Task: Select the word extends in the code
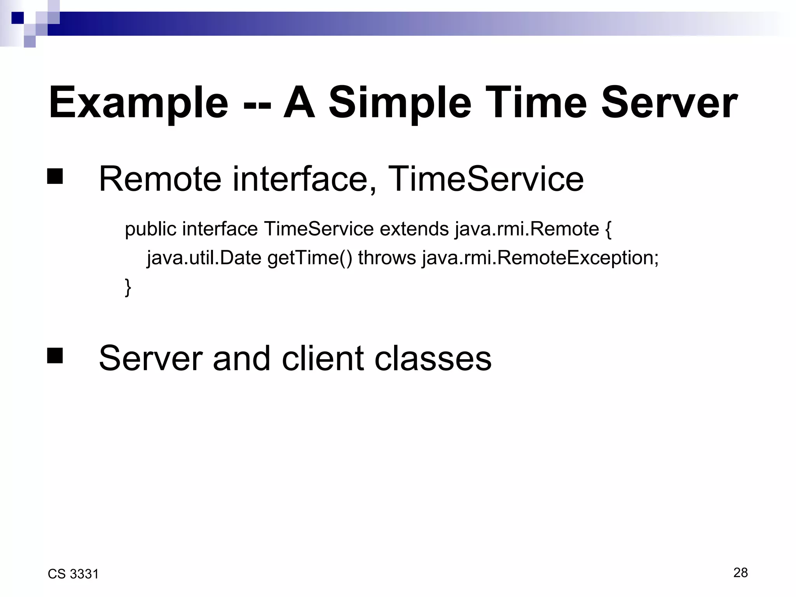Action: [414, 229]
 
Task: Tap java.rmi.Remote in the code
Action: [527, 229]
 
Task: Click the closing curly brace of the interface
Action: [128, 288]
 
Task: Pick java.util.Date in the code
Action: [204, 258]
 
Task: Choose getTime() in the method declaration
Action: [310, 258]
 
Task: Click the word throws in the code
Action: [387, 258]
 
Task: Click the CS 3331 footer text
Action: [73, 574]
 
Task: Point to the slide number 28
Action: [740, 573]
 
